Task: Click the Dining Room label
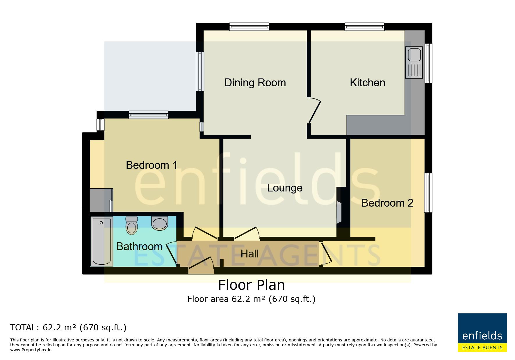[255, 83]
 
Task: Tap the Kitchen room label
[367, 83]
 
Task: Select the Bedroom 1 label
[152, 165]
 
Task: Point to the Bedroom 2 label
[387, 203]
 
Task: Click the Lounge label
[285, 188]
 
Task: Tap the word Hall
[250, 254]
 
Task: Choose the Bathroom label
[139, 246]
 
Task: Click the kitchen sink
[414, 63]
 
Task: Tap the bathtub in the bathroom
[101, 241]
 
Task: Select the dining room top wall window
[249, 27]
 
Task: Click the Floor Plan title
[252, 285]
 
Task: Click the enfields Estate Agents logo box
[482, 333]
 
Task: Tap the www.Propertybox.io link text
[31, 350]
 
